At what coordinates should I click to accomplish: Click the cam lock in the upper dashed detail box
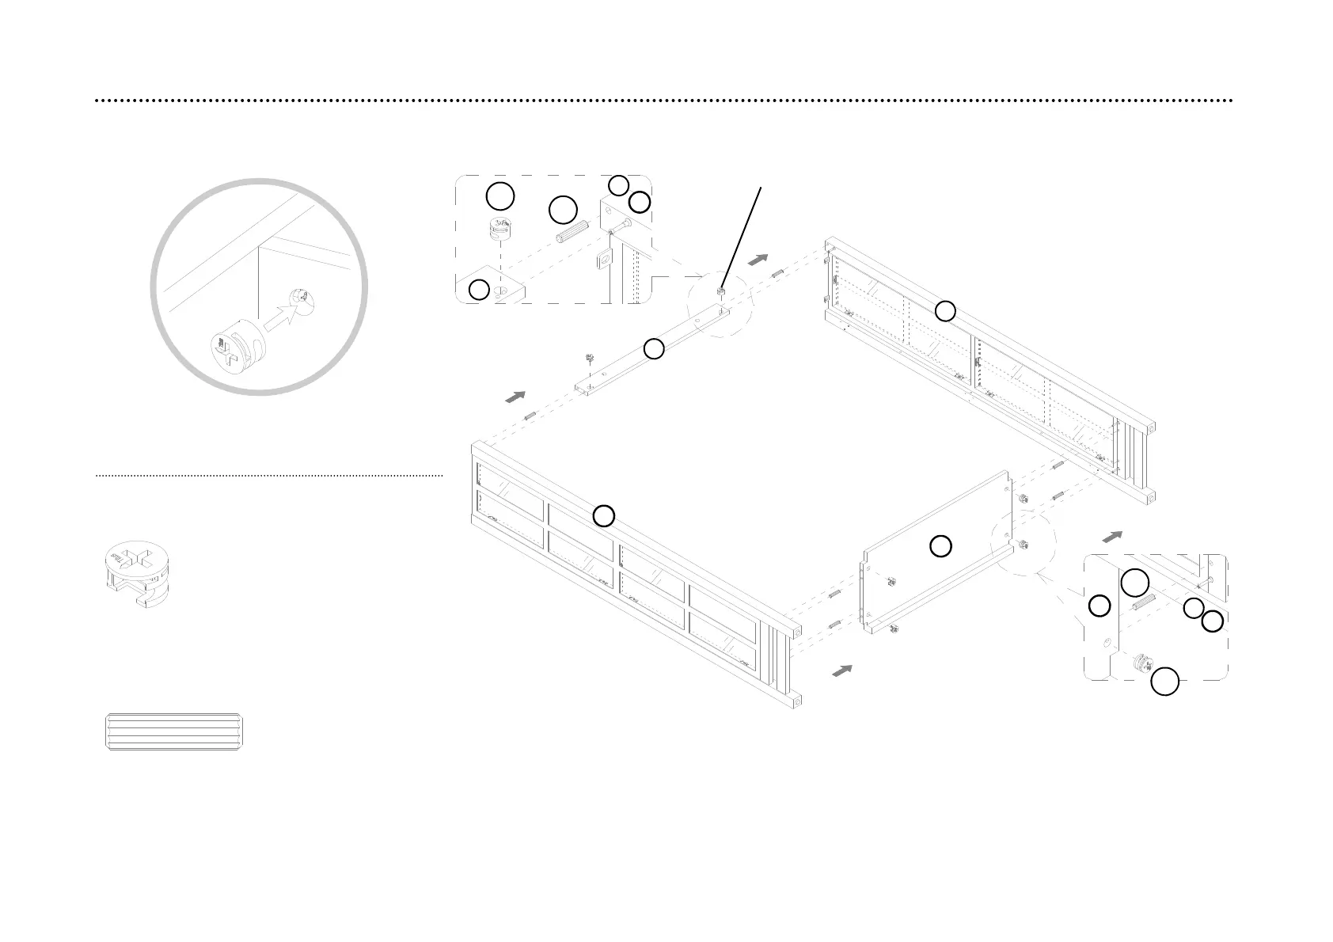pyautogui.click(x=500, y=228)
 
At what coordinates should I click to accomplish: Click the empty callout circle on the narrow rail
pyautogui.click(x=653, y=348)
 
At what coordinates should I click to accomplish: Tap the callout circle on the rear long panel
pyautogui.click(x=945, y=311)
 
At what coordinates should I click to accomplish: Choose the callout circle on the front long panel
pyautogui.click(x=604, y=516)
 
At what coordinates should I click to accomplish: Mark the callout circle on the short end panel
pyautogui.click(x=940, y=546)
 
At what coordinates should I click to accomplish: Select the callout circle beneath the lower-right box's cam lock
pyautogui.click(x=1164, y=682)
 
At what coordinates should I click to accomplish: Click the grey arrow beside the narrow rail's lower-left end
pyautogui.click(x=516, y=396)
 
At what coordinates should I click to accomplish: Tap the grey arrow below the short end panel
pyautogui.click(x=843, y=670)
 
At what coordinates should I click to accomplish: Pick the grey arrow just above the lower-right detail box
pyautogui.click(x=1112, y=537)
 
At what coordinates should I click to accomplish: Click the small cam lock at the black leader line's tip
pyautogui.click(x=721, y=292)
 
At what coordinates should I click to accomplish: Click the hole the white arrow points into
pyautogui.click(x=301, y=297)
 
